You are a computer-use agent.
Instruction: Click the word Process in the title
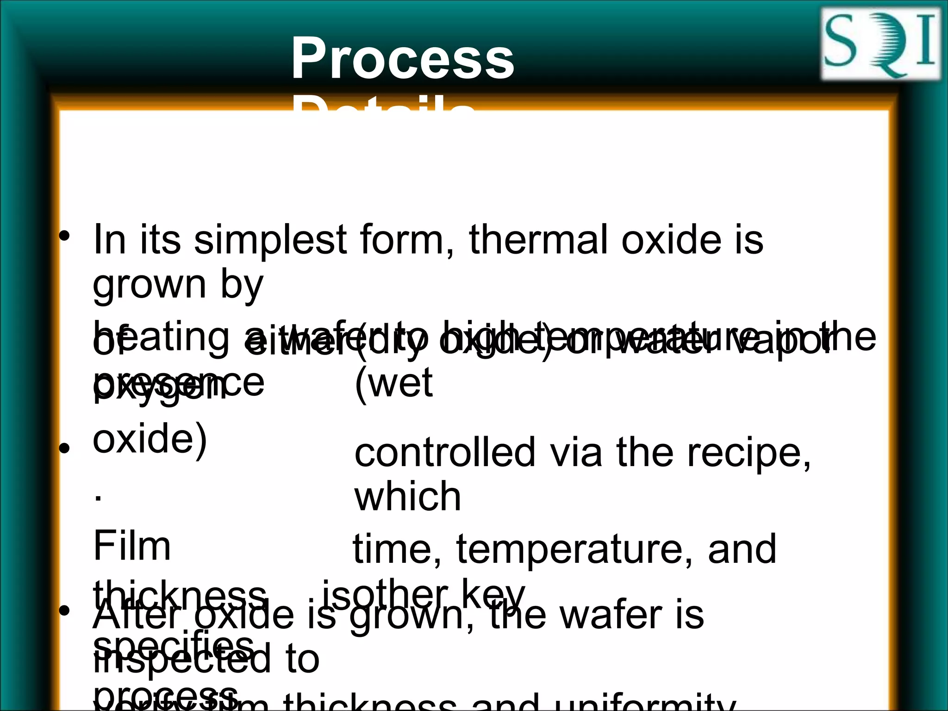pyautogui.click(x=403, y=59)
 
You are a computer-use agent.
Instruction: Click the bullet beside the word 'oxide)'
pyautogui.click(x=64, y=448)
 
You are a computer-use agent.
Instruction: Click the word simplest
pyautogui.click(x=270, y=241)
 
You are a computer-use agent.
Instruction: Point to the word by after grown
pyautogui.click(x=242, y=285)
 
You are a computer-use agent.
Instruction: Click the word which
pyautogui.click(x=408, y=497)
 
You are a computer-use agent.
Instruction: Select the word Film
pyautogui.click(x=132, y=546)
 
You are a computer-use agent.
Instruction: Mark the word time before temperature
pyautogui.click(x=397, y=549)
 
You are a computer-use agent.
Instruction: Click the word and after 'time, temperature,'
pyautogui.click(x=742, y=549)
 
